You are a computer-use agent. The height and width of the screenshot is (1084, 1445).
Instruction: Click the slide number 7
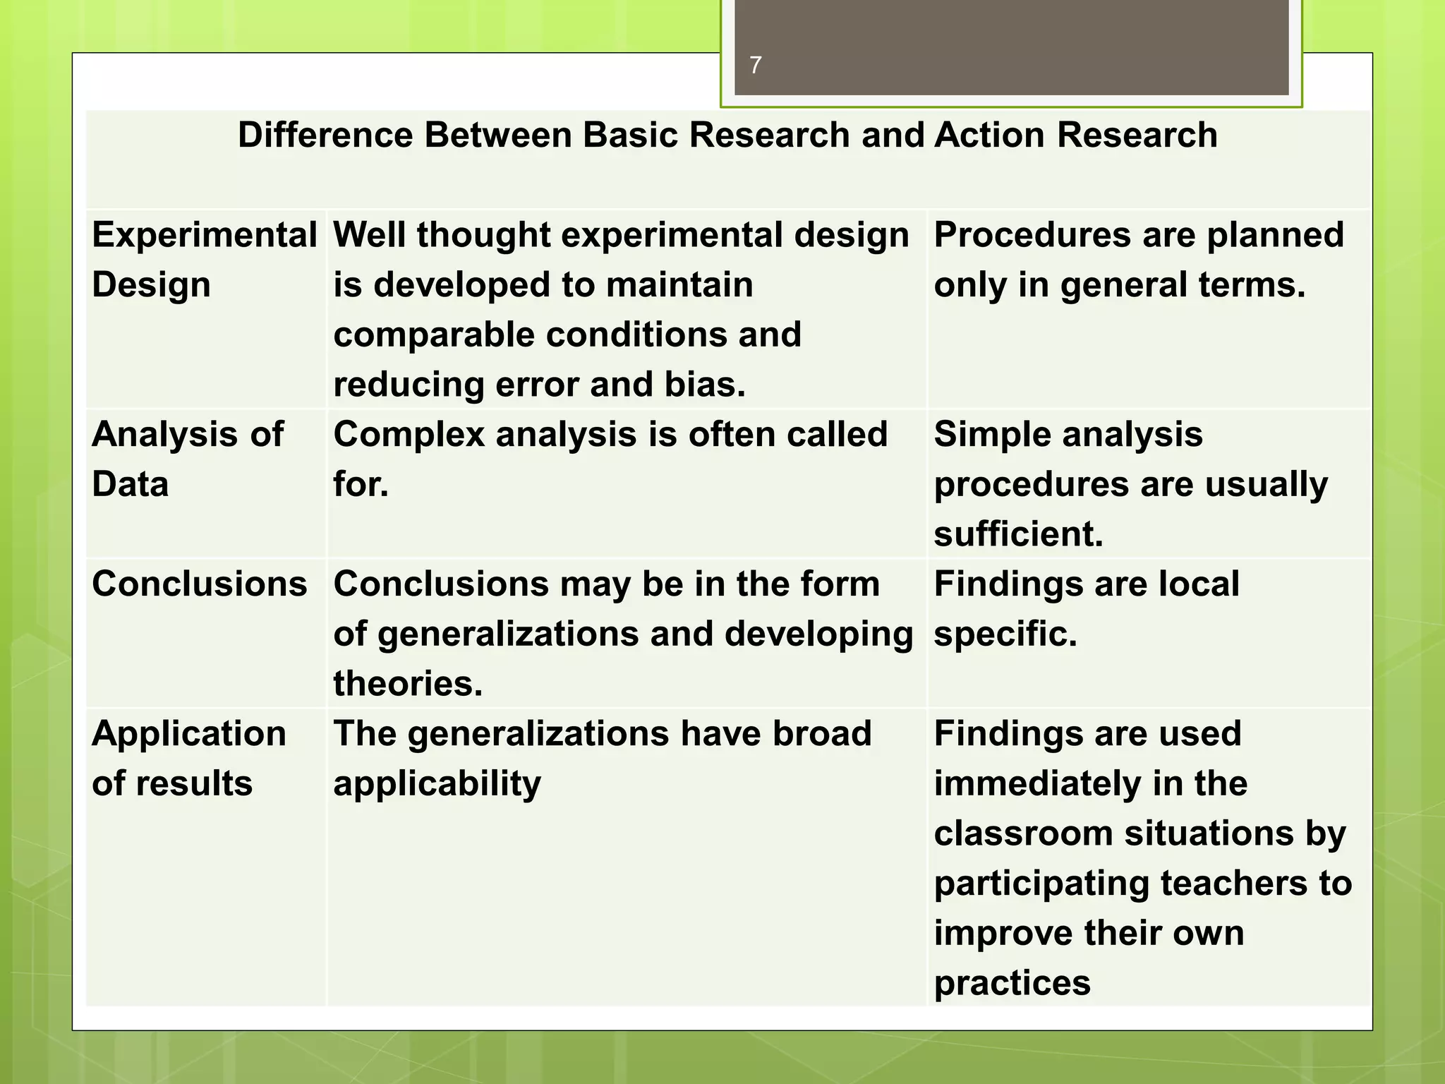pyautogui.click(x=755, y=66)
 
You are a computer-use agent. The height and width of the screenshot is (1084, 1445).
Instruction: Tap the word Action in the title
pyautogui.click(x=988, y=135)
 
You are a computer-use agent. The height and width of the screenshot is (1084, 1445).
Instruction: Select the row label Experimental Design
pyautogui.click(x=203, y=260)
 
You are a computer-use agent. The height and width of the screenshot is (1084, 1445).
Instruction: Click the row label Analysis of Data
pyautogui.click(x=187, y=459)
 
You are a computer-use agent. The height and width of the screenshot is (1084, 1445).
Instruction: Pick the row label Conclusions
pyautogui.click(x=200, y=584)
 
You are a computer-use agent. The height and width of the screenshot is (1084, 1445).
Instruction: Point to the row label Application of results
pyautogui.click(x=188, y=759)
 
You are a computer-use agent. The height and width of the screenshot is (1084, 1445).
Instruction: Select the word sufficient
pyautogui.click(x=1018, y=534)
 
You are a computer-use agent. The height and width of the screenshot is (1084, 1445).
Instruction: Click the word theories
pyautogui.click(x=408, y=684)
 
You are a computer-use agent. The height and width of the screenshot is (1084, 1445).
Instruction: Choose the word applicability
pyautogui.click(x=437, y=784)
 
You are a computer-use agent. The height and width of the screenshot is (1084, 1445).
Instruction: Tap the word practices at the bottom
pyautogui.click(x=1012, y=983)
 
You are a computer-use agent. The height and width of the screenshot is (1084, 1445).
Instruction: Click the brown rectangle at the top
pyautogui.click(x=1011, y=47)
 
